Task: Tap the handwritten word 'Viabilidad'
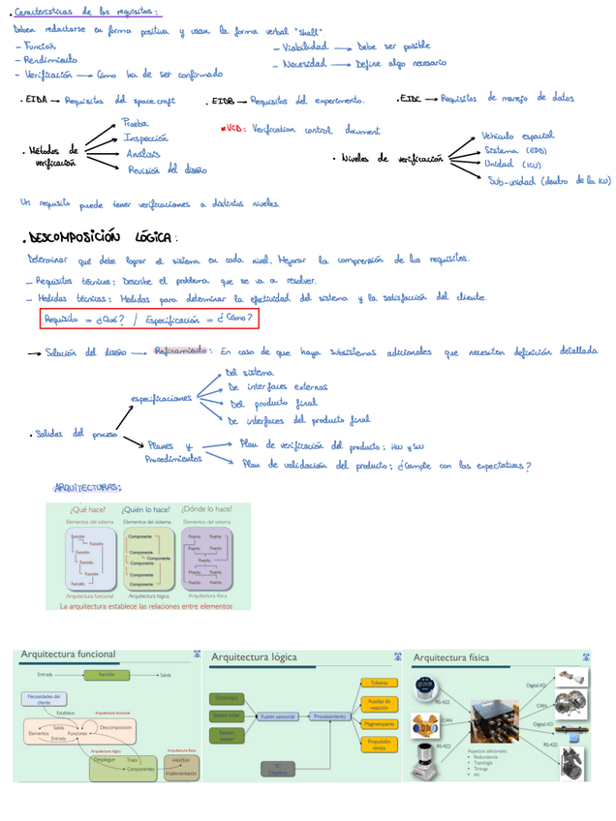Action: coord(304,46)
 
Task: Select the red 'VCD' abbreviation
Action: coord(232,129)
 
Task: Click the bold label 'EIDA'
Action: coord(37,100)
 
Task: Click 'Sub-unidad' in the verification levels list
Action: coord(510,180)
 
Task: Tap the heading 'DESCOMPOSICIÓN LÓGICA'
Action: coord(100,237)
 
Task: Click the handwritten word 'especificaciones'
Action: coord(160,398)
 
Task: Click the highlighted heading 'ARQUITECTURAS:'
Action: coord(87,487)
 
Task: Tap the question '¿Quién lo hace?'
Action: coord(147,509)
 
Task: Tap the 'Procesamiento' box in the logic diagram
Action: coord(328,716)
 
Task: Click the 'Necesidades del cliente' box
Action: coord(46,698)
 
